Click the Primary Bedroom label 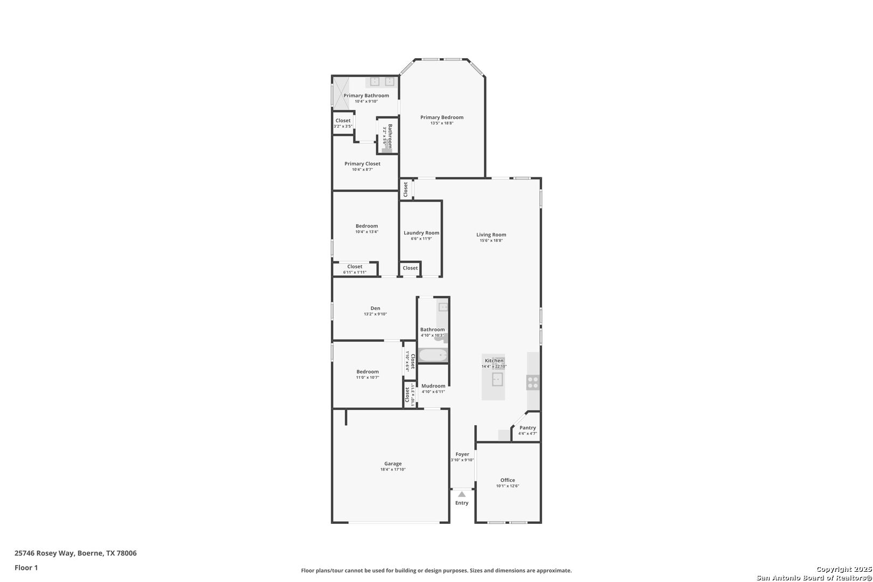tap(442, 117)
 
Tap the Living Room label tap(491, 235)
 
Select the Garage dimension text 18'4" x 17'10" tap(393, 470)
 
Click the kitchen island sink tap(497, 380)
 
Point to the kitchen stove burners tap(533, 383)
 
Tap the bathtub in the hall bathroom tap(433, 355)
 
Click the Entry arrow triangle tap(462, 494)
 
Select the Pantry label tap(528, 428)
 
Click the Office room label tap(508, 480)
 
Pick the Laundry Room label tap(421, 233)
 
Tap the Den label tap(375, 308)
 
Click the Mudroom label tap(433, 386)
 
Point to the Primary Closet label tap(362, 164)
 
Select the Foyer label tap(462, 454)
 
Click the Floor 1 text tap(26, 567)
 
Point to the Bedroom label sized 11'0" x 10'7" tap(368, 372)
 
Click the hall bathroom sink tap(443, 307)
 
